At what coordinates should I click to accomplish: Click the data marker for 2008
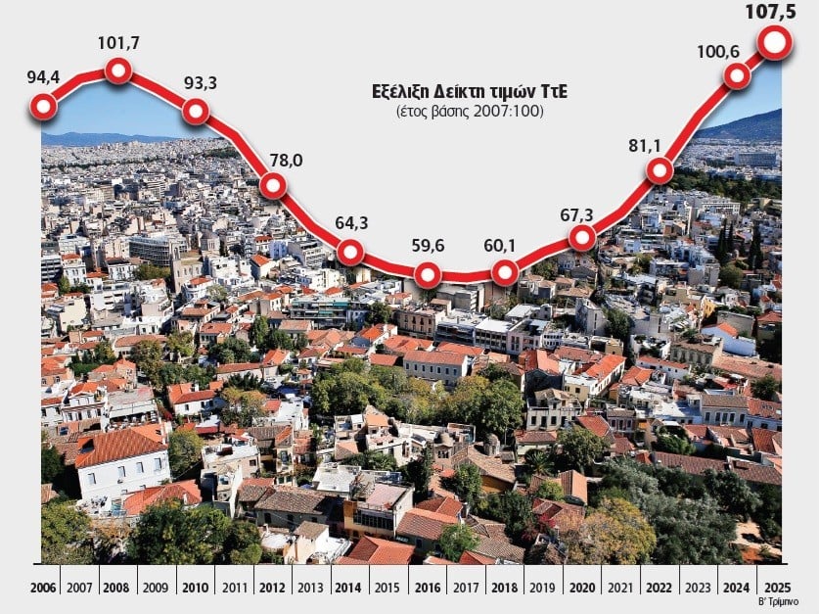pyautogui.click(x=118, y=70)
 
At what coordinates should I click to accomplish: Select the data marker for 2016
pyautogui.click(x=427, y=275)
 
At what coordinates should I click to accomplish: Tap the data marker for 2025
pyautogui.click(x=775, y=42)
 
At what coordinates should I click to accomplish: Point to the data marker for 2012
pyautogui.click(x=273, y=184)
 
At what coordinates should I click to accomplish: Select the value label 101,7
pyautogui.click(x=118, y=43)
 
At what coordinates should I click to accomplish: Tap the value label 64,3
pyautogui.click(x=349, y=220)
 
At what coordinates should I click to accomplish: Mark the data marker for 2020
pyautogui.click(x=582, y=237)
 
